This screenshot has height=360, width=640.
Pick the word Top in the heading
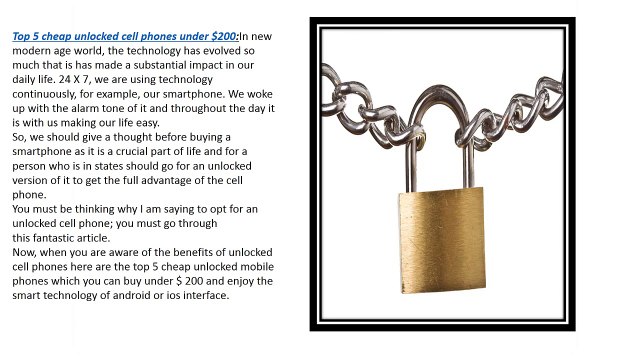coord(21,34)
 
